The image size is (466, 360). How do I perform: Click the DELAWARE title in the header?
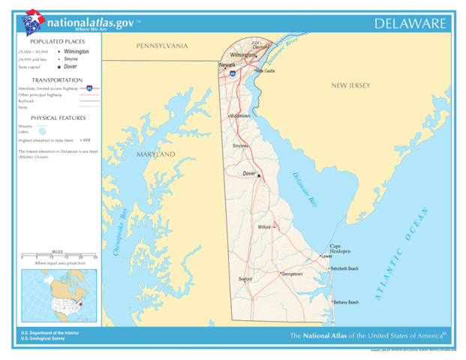pyautogui.click(x=411, y=24)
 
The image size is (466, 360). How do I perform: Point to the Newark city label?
pyautogui.click(x=227, y=65)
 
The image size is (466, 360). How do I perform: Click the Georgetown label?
pyautogui.click(x=292, y=274)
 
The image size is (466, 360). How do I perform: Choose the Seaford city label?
pyautogui.click(x=245, y=278)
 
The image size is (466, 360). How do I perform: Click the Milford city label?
pyautogui.click(x=264, y=226)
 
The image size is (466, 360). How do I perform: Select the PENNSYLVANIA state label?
pyautogui.click(x=161, y=46)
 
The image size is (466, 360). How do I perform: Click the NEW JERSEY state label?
pyautogui.click(x=351, y=86)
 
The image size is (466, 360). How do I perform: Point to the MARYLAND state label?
pyautogui.click(x=155, y=154)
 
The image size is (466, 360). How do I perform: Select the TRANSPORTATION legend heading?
pyautogui.click(x=57, y=79)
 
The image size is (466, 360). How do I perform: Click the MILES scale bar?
pyautogui.click(x=58, y=256)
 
